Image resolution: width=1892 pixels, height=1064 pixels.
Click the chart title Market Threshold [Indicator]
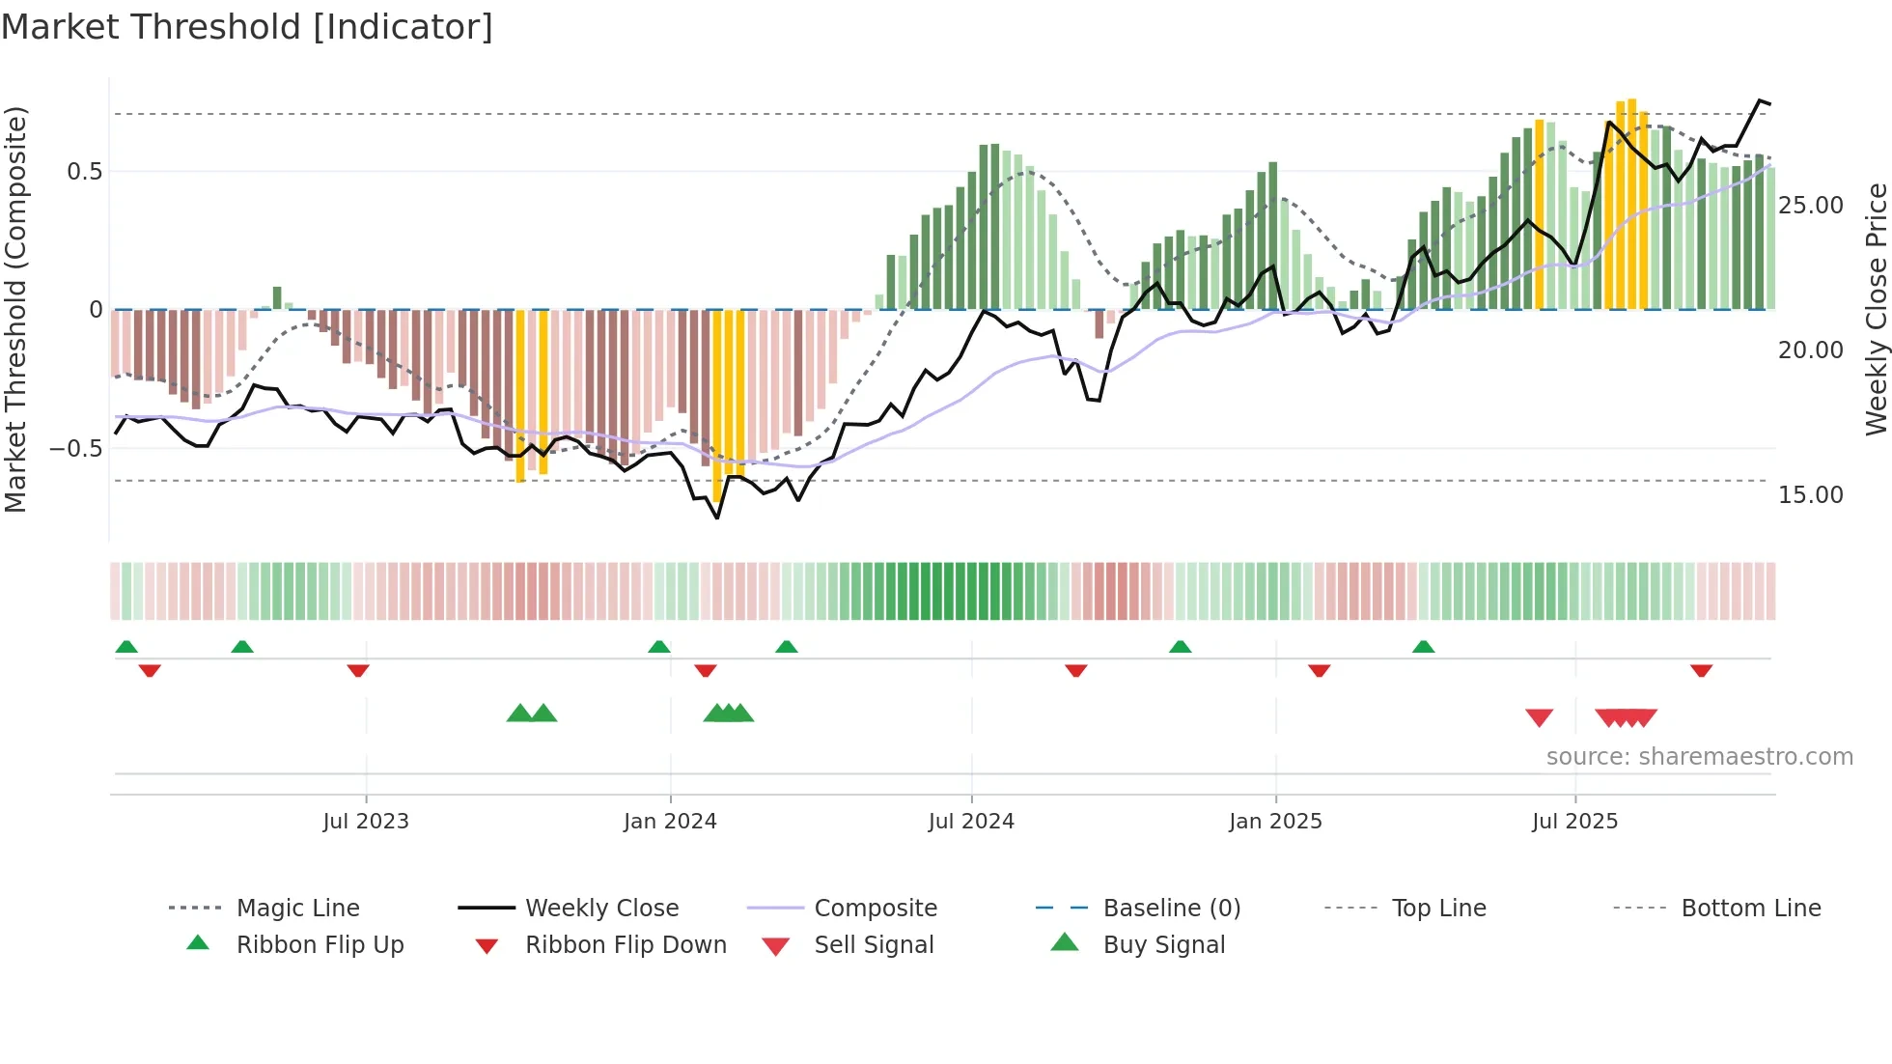tap(247, 27)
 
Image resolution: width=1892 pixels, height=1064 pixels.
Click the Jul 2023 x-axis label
tap(366, 822)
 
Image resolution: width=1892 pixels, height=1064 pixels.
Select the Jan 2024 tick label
tap(670, 822)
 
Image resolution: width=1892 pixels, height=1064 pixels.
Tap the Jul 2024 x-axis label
tap(971, 822)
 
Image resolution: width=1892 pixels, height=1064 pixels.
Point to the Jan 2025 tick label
tap(1275, 822)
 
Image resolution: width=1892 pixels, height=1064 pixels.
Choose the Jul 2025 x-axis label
tap(1574, 822)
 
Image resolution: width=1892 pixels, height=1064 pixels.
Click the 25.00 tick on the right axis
tap(1810, 206)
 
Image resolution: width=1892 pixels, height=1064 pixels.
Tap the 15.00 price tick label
tap(1810, 495)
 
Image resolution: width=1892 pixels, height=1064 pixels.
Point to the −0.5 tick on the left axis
tap(75, 449)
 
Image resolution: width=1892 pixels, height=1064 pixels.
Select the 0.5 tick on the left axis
tap(84, 172)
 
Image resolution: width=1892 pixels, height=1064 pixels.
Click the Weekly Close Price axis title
tap(1876, 309)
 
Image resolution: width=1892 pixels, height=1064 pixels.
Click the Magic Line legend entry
tap(297, 909)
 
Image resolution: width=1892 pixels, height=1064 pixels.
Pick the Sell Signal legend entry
tap(874, 945)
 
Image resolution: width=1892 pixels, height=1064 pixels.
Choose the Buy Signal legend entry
tap(1163, 945)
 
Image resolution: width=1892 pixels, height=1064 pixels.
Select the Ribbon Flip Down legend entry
tap(626, 945)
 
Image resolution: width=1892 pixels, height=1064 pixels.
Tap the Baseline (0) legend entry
tap(1171, 909)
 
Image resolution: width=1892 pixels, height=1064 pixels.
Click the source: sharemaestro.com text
tap(1699, 757)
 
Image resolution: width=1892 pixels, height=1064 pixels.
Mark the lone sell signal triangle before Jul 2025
tap(1539, 717)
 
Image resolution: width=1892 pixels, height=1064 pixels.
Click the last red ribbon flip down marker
tap(1701, 670)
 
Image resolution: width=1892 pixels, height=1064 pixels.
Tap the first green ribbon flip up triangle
tap(126, 647)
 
